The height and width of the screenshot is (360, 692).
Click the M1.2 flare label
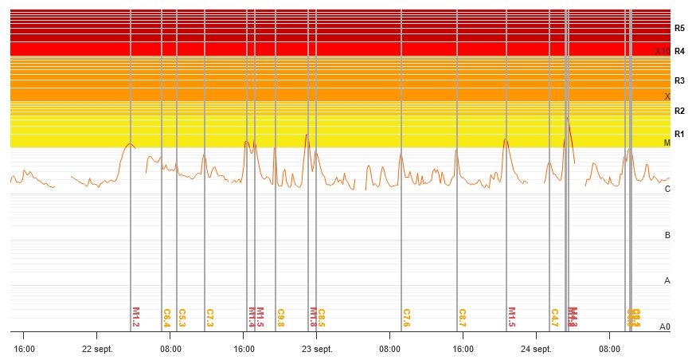click(x=135, y=318)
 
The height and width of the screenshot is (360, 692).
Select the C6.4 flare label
click(x=166, y=318)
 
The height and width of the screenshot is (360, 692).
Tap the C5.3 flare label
click(x=182, y=318)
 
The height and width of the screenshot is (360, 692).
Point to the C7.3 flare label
click(x=209, y=318)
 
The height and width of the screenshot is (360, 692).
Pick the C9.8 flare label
click(x=280, y=318)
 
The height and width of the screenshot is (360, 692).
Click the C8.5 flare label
click(x=321, y=318)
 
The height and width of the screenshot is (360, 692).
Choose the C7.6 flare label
click(x=406, y=318)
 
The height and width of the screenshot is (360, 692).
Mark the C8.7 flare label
click(x=462, y=318)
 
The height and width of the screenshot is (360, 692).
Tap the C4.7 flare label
click(x=554, y=318)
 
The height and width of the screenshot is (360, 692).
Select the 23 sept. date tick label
click(x=316, y=349)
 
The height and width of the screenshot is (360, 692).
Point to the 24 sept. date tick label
click(x=536, y=349)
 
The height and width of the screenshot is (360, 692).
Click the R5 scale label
click(x=679, y=28)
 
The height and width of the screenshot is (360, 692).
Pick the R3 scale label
click(x=679, y=80)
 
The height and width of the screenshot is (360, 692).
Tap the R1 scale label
click(x=679, y=134)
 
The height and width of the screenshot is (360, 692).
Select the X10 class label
click(x=663, y=52)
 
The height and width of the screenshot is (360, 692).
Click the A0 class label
click(x=665, y=327)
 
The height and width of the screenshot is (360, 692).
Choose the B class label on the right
click(x=667, y=235)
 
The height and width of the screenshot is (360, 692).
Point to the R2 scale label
click(x=679, y=111)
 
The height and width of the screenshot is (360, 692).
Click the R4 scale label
click(x=679, y=51)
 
